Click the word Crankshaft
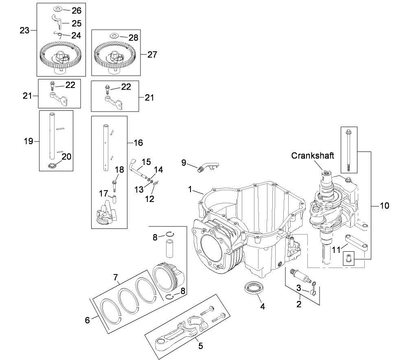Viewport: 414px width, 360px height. point(313,156)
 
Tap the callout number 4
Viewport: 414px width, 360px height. point(263,307)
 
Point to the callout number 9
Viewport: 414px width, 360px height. point(184,162)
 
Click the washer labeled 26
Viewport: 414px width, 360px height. point(57,9)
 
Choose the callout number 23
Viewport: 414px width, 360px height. point(24,30)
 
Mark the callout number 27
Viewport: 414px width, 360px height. point(152,54)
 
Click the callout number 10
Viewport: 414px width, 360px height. point(384,206)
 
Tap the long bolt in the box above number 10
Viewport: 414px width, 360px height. point(349,151)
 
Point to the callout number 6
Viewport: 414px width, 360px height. point(87,320)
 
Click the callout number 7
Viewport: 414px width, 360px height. point(116,278)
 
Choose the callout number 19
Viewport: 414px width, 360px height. point(28,141)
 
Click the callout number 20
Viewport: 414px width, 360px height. point(66,156)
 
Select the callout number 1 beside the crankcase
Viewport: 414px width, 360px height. point(189,189)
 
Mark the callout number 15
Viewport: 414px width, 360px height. point(146,161)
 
